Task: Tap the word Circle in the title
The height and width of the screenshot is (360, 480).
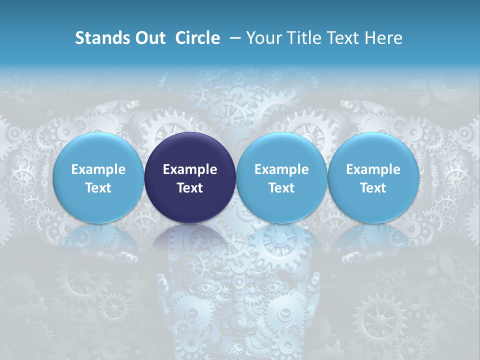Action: tap(197, 38)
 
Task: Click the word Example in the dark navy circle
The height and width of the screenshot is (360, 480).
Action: tap(190, 169)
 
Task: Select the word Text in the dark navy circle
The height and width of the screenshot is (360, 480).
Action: tap(190, 188)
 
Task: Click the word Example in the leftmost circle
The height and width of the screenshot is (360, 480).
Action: tap(98, 169)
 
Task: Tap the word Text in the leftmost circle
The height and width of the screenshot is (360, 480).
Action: tap(98, 188)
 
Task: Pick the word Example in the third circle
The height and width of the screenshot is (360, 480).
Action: tap(281, 169)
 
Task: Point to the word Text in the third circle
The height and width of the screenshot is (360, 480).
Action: tap(281, 188)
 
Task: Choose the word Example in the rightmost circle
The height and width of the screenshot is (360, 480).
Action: tap(373, 169)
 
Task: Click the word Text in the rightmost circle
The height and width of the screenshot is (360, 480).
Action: tap(373, 188)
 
